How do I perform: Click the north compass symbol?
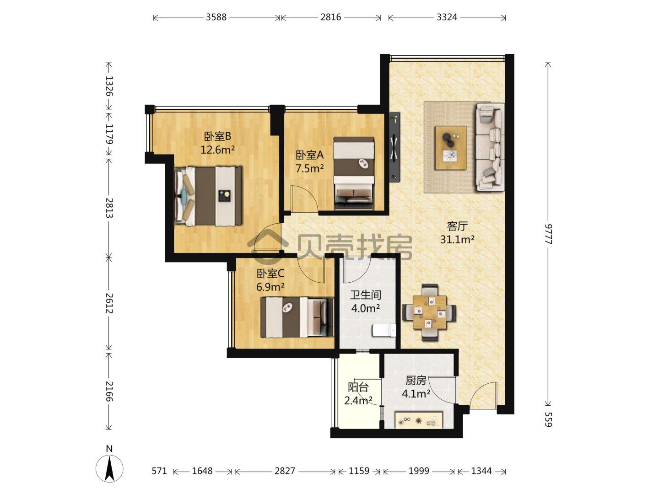109,468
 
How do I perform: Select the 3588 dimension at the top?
216,17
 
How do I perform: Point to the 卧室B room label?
218,137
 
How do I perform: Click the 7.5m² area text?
309,169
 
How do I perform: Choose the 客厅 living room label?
457,226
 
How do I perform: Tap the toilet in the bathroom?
384,330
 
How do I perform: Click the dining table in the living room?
430,312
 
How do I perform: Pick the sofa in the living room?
490,147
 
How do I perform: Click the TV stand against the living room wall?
394,147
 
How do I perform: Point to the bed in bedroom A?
354,173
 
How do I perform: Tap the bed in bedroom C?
297,317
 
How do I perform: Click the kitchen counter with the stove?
419,420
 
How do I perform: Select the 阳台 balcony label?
358,387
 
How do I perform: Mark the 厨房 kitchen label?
416,381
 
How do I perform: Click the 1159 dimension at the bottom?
359,471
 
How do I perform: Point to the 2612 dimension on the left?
109,303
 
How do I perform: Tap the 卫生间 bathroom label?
366,295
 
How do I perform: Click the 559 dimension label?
548,419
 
